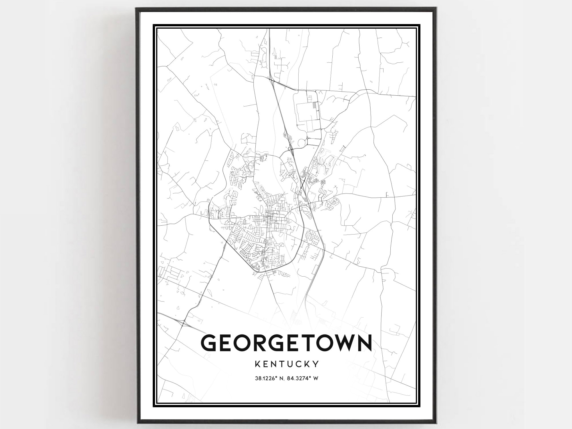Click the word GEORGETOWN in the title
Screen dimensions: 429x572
(x=286, y=343)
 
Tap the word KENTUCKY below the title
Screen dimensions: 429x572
(x=286, y=364)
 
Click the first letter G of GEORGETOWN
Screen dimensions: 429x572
(x=210, y=343)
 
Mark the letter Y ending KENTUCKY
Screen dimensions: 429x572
(x=315, y=364)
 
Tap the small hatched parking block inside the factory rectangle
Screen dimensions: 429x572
(x=314, y=106)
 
